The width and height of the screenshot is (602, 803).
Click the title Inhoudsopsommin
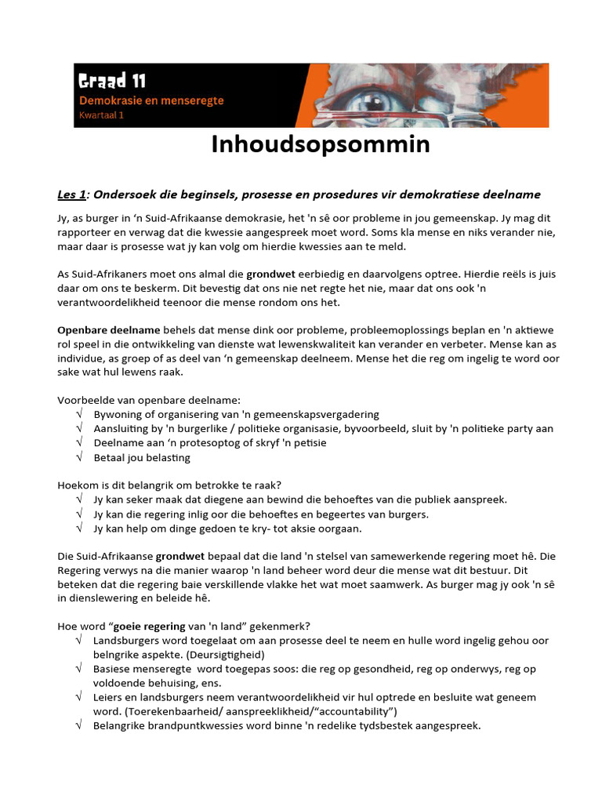[x=320, y=145]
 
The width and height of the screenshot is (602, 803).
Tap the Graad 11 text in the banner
[x=111, y=81]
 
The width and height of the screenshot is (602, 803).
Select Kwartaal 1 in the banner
[x=101, y=115]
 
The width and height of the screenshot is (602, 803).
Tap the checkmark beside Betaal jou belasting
[x=79, y=457]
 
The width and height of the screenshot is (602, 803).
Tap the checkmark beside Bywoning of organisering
[x=79, y=414]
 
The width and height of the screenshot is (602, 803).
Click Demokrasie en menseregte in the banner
[x=151, y=101]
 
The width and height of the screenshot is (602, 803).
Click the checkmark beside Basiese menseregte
[x=79, y=669]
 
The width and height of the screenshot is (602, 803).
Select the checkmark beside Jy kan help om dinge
[x=79, y=529]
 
